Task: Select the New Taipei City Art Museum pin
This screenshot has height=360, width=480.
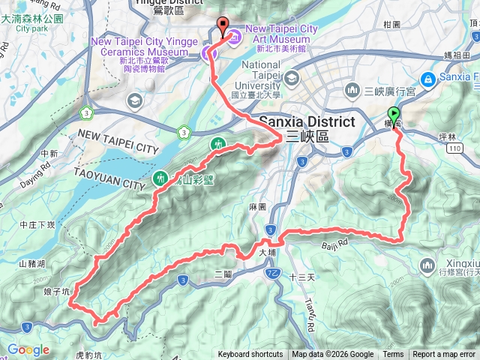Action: [233, 35]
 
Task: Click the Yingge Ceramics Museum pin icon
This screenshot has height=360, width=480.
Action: [208, 52]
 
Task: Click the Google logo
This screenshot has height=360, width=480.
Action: [28, 349]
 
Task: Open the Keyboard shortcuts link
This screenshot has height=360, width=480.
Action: [250, 355]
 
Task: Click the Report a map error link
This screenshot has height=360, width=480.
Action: [444, 355]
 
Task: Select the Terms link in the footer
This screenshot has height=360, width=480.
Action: [393, 355]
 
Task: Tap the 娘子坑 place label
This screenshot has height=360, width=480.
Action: [56, 289]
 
